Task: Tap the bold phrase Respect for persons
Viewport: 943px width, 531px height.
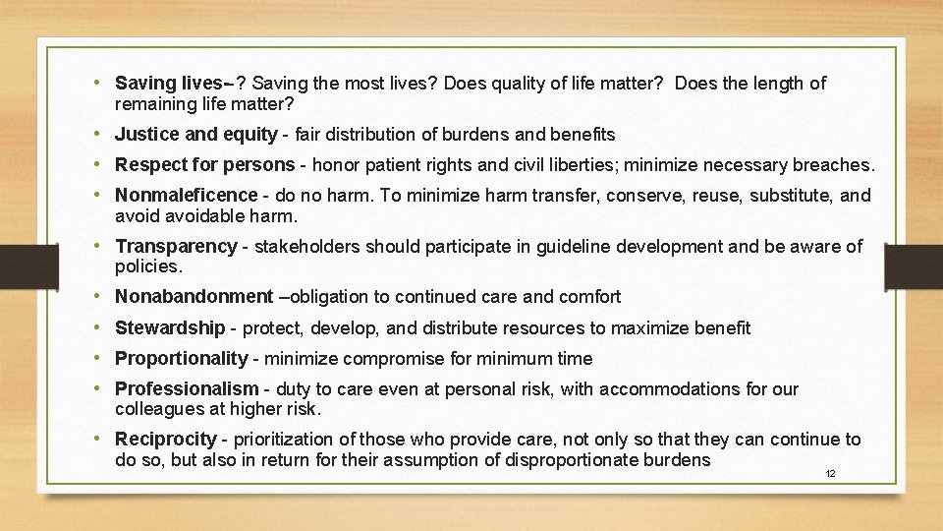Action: (204, 164)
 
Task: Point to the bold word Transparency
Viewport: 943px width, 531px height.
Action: (176, 246)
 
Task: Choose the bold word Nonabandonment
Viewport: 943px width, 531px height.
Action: (194, 296)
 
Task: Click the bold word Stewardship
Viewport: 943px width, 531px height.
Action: (170, 327)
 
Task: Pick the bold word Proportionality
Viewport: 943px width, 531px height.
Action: (182, 359)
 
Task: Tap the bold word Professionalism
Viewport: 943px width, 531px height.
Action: (187, 389)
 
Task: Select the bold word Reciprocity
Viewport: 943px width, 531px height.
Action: (165, 440)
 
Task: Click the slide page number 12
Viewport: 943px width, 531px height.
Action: (830, 474)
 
